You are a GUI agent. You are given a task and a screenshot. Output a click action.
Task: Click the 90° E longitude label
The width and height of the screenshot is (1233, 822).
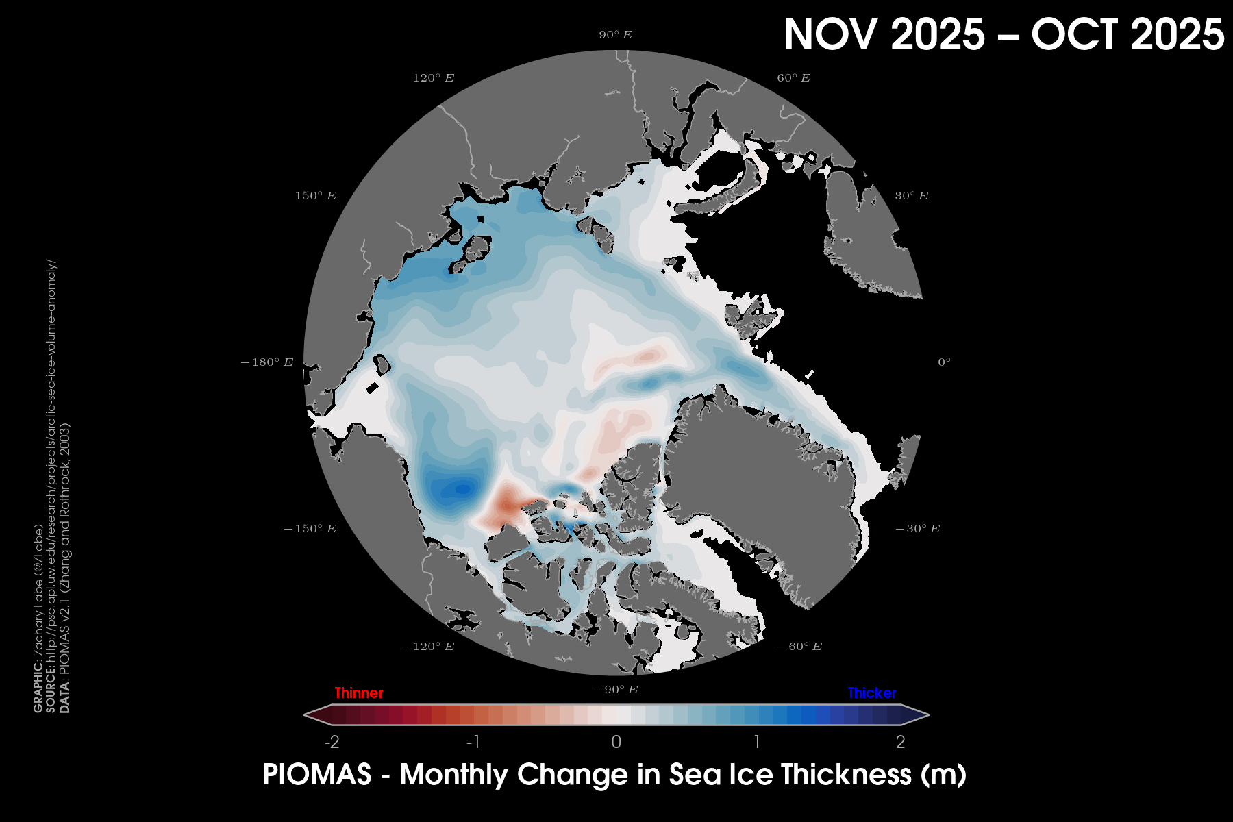click(x=615, y=35)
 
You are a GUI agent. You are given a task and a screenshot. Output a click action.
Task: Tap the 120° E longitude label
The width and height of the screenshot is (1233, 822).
click(x=433, y=78)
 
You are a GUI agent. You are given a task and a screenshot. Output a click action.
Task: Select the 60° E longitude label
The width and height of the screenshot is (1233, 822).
click(x=793, y=78)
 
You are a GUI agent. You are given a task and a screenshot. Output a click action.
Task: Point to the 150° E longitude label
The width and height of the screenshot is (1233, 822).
click(x=316, y=196)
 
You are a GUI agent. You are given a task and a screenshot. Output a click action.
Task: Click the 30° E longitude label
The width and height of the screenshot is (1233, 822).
click(x=911, y=196)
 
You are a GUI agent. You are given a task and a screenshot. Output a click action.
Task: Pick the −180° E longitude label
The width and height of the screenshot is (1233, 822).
click(x=266, y=362)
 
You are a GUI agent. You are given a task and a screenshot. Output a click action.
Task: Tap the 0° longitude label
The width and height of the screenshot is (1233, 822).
click(x=944, y=362)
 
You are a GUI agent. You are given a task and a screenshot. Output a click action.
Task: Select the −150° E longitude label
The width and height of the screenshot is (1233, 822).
click(x=310, y=529)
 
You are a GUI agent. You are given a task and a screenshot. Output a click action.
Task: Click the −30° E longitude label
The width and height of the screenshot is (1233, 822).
click(x=917, y=529)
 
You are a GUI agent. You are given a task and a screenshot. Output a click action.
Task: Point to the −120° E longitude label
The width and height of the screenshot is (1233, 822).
click(x=427, y=647)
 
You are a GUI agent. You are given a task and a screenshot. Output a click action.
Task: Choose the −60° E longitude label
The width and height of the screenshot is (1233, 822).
click(x=799, y=647)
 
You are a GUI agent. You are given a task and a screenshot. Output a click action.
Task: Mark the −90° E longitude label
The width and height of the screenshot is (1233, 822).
click(x=615, y=690)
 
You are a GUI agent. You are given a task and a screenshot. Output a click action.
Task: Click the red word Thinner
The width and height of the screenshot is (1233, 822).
click(x=359, y=693)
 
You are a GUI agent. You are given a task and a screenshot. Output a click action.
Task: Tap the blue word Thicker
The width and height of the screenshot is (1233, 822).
click(x=871, y=693)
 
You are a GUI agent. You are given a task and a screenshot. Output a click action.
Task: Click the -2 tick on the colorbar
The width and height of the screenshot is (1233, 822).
click(x=332, y=742)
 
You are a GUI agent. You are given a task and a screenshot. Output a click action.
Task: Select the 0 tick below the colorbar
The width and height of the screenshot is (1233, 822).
click(x=616, y=742)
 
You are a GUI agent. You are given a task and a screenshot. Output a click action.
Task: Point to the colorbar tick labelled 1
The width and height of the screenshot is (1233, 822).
click(x=757, y=742)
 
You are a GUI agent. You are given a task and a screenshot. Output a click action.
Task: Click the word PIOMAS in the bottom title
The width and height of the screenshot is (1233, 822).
click(x=316, y=775)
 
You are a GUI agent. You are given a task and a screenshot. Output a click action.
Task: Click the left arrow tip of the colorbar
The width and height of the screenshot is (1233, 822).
click(x=306, y=715)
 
